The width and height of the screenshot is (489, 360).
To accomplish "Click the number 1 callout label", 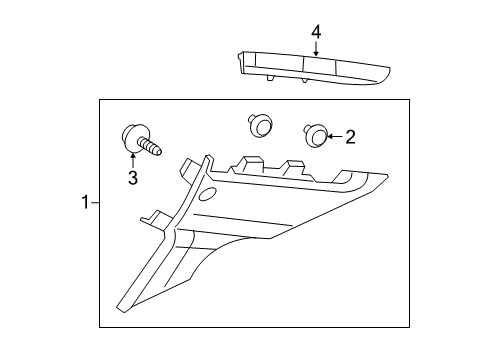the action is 86,202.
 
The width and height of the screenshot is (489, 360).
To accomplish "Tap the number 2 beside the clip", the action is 349,137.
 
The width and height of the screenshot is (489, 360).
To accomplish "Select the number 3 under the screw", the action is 131,178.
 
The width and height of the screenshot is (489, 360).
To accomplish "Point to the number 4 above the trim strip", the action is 316,32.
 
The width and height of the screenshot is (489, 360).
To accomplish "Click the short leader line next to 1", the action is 95,202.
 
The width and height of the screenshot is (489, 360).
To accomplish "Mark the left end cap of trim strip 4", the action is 243,61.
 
